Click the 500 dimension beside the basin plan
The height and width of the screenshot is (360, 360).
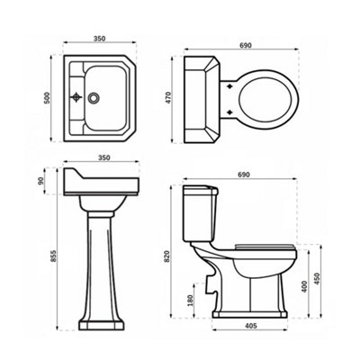click(x=47, y=98)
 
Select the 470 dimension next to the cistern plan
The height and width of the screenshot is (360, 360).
click(x=168, y=97)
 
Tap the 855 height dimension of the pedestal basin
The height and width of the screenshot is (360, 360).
click(x=53, y=256)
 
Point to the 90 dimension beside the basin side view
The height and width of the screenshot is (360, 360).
click(x=40, y=181)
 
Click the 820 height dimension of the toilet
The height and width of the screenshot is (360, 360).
click(x=167, y=256)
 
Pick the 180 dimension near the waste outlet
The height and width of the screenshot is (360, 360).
click(x=190, y=301)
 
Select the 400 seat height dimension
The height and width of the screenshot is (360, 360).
click(x=304, y=287)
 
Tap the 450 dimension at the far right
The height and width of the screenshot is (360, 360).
click(x=318, y=279)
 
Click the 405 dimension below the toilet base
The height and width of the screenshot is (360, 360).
click(x=251, y=326)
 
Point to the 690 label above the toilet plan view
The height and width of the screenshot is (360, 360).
click(x=246, y=45)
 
